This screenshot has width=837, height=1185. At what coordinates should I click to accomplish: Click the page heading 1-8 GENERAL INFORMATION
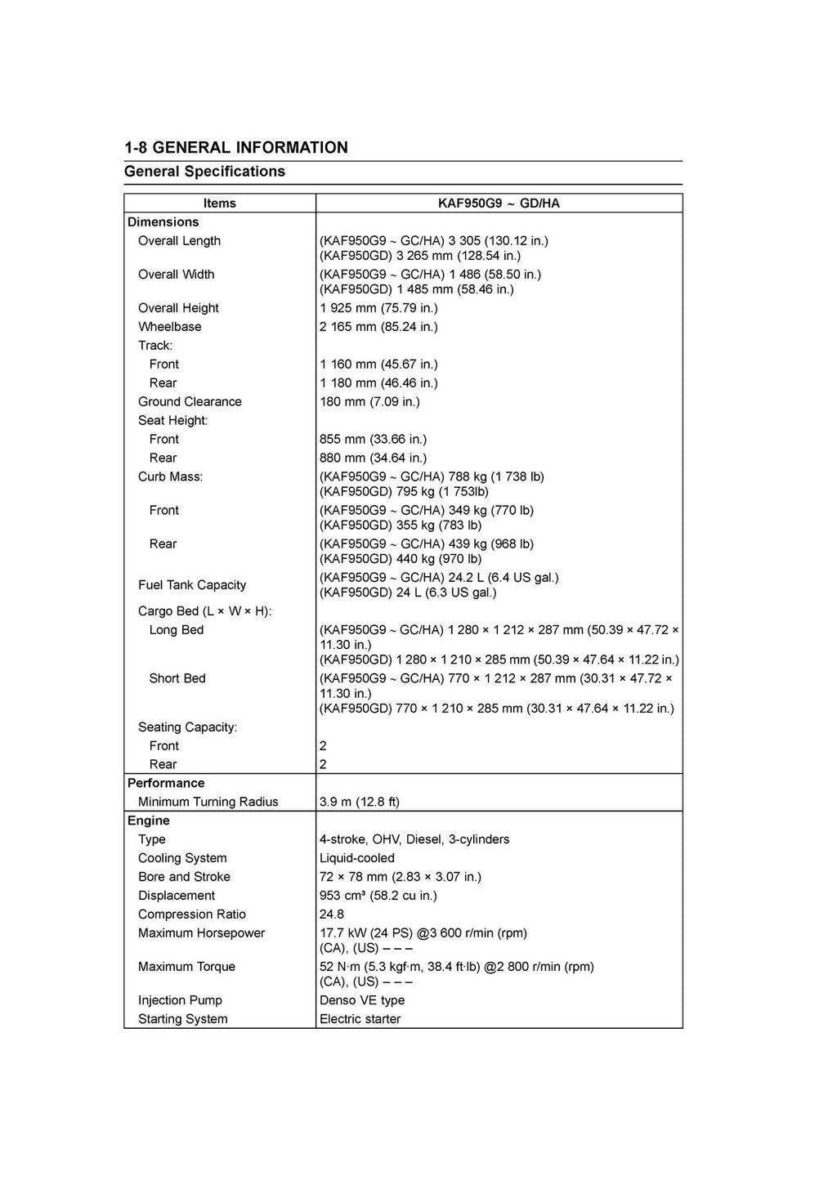(x=236, y=148)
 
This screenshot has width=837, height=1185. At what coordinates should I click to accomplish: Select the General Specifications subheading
(x=204, y=172)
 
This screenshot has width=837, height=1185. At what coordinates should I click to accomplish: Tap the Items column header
(x=219, y=203)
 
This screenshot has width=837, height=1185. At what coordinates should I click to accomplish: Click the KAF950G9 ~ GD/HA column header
(x=499, y=203)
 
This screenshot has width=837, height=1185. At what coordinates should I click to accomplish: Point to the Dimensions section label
(x=163, y=222)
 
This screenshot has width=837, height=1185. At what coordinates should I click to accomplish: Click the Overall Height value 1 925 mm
(x=378, y=308)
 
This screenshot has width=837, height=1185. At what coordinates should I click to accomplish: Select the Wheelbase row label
(x=169, y=327)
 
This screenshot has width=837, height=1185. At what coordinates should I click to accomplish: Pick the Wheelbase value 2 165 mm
(x=378, y=327)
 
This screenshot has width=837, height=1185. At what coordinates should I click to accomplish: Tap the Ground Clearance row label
(x=190, y=402)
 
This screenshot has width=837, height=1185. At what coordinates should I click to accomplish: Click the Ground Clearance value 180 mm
(x=369, y=402)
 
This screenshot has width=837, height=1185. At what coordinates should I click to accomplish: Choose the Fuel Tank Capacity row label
(x=192, y=585)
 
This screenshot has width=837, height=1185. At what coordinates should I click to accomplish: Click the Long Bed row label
(x=177, y=630)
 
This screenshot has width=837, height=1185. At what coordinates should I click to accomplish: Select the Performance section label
(x=166, y=784)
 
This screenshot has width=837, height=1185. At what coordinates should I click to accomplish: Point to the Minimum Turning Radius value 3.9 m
(x=360, y=803)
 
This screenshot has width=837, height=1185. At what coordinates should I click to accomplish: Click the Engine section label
(x=149, y=821)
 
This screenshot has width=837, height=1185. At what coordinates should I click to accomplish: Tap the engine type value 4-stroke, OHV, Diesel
(x=414, y=840)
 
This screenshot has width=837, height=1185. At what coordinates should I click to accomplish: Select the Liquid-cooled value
(x=357, y=859)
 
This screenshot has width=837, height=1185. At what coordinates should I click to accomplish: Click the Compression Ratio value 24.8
(x=332, y=915)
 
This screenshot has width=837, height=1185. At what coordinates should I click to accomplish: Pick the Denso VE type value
(x=362, y=1001)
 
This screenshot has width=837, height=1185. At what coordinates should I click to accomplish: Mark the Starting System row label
(x=183, y=1020)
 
